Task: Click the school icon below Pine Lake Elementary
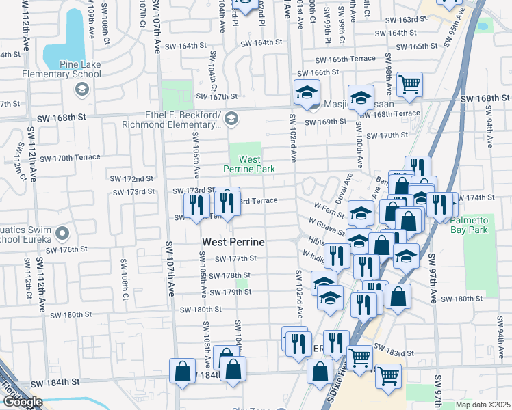pos(81,89)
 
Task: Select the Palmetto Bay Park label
pos(474,220)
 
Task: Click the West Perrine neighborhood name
pos(233,242)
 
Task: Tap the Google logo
pos(23,402)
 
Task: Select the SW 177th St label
pos(235,258)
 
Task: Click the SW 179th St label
pos(232,292)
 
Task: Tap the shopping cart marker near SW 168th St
pos(409,85)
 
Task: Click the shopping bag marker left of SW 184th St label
pos(183,373)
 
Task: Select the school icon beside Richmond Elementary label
pos(231,119)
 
